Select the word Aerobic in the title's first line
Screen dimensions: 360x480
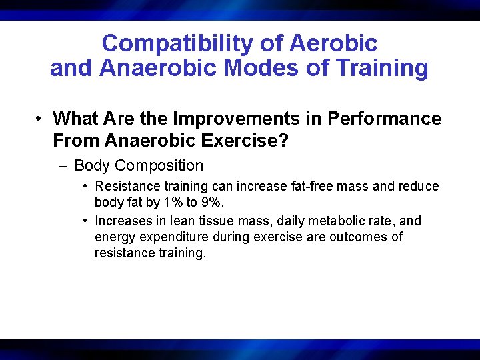[x=333, y=44]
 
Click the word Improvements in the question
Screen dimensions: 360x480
[x=235, y=119]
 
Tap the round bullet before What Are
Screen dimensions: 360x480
[x=41, y=119]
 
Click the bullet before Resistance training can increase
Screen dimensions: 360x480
[x=87, y=186]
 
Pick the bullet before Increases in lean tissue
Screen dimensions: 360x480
[x=87, y=221]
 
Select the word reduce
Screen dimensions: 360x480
[x=419, y=186]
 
